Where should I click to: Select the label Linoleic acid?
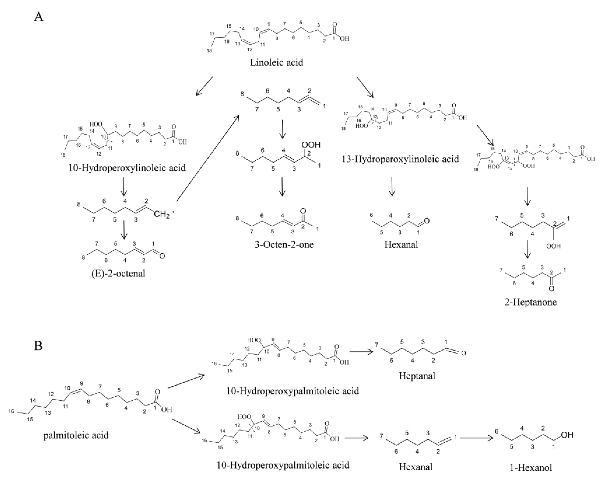point(276,62)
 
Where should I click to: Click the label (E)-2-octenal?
point(119,273)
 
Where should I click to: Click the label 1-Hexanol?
point(531,468)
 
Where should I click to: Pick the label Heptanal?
point(417,376)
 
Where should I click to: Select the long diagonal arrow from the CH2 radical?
point(208,158)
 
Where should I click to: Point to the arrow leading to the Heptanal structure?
point(362,352)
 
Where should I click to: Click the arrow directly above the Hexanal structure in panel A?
point(391,187)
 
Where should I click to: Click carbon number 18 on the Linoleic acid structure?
point(209,50)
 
